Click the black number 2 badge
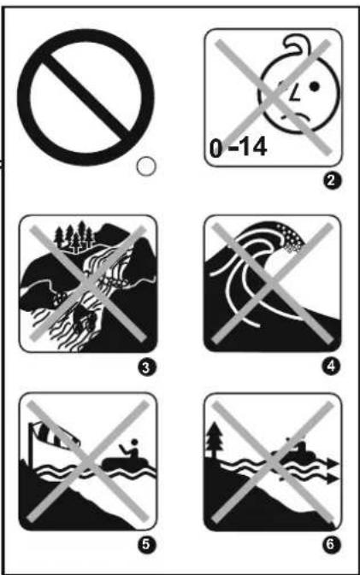331,181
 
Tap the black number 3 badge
146,367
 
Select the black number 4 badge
331,365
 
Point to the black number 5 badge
146,544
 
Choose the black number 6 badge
330,543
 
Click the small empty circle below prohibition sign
146,167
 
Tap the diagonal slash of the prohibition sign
86,97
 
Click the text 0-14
238,148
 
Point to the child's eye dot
315,86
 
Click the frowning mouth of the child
297,116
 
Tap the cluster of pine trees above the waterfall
74,237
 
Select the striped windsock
55,435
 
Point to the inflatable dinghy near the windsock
127,463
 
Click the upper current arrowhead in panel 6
333,463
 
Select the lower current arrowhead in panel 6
333,478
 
